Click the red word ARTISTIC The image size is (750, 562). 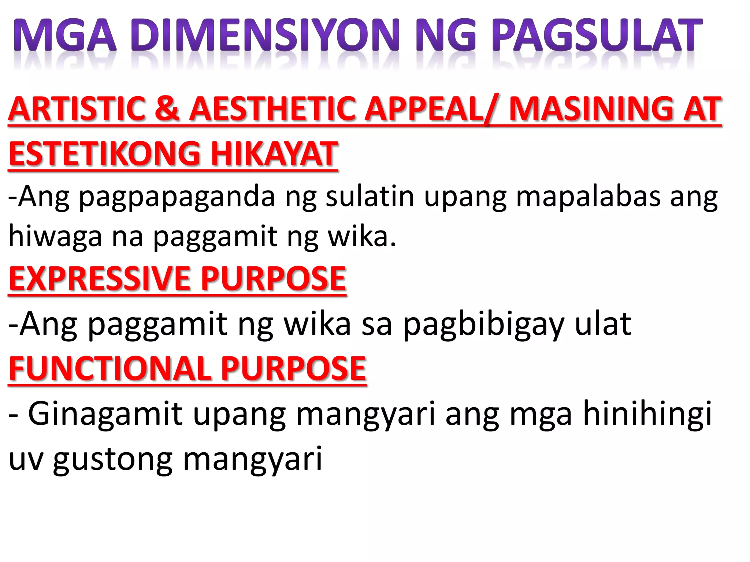pyautogui.click(x=77, y=109)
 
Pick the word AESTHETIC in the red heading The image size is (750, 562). pyautogui.click(x=272, y=109)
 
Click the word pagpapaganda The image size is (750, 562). pyautogui.click(x=177, y=198)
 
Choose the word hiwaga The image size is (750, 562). pyautogui.click(x=55, y=237)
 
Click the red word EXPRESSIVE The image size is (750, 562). pyautogui.click(x=99, y=279)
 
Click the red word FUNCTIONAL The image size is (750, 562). pyautogui.click(x=109, y=368)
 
